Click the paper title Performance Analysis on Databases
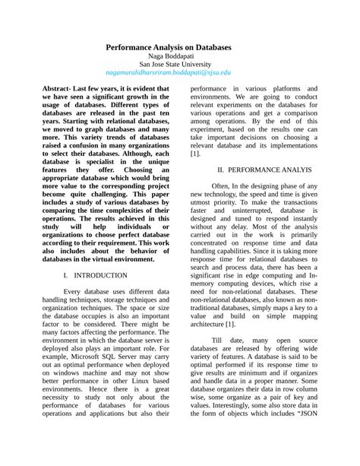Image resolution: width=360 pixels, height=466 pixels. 179,46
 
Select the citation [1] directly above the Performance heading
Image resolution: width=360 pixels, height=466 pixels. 196,153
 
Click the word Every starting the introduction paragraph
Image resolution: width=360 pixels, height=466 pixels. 76,290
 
